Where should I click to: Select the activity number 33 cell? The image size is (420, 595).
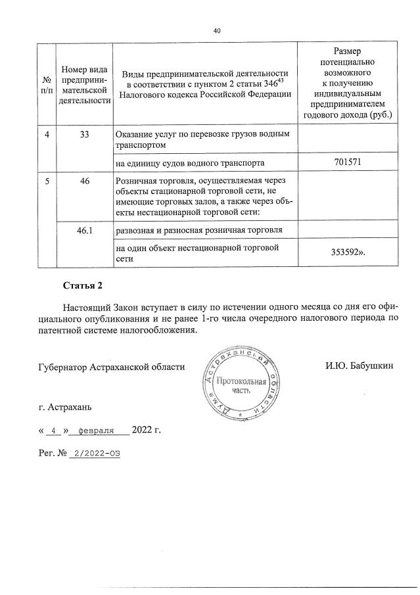[85, 135]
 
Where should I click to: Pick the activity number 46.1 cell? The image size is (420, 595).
[85, 230]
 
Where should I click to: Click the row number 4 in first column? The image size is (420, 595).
[47, 135]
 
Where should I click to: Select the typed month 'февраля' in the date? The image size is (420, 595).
[97, 431]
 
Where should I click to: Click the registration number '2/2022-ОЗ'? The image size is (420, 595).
[98, 454]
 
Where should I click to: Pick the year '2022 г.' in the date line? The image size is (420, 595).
[147, 431]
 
